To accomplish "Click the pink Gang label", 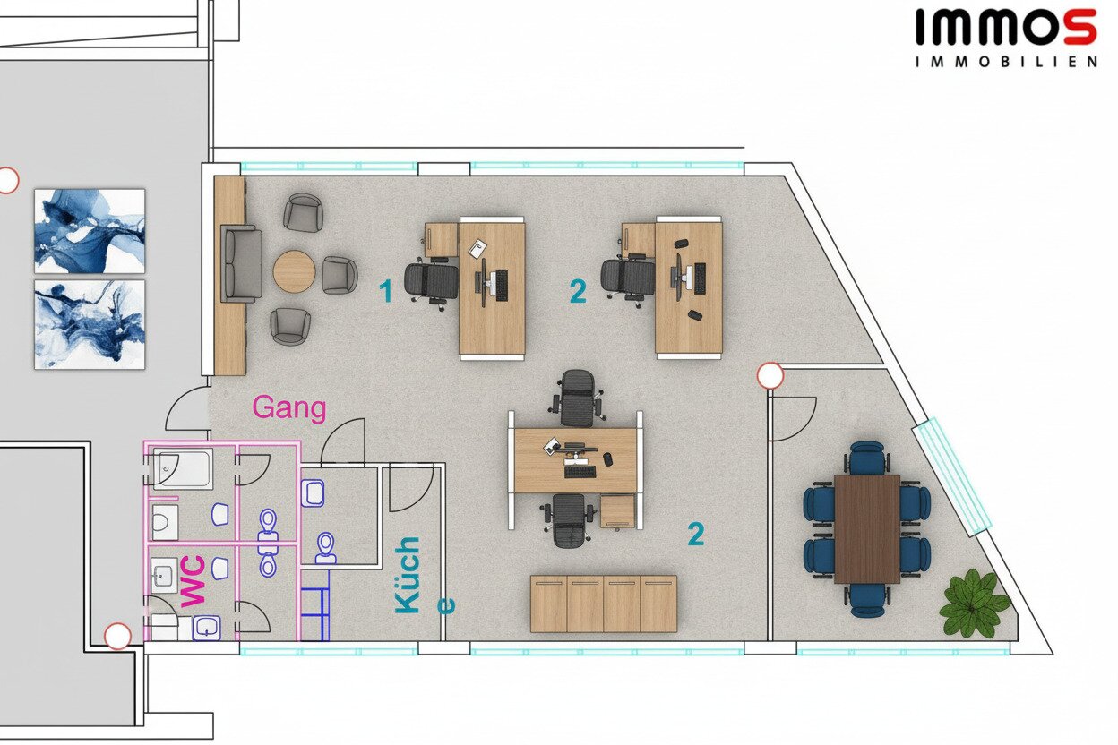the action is pyautogui.click(x=289, y=408).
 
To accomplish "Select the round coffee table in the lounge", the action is pyautogui.click(x=295, y=271).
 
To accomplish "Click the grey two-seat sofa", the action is pyautogui.click(x=242, y=264).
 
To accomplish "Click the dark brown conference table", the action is pyautogui.click(x=867, y=529).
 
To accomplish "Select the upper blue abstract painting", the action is pyautogui.click(x=90, y=231).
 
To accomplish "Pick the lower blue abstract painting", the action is pyautogui.click(x=90, y=325).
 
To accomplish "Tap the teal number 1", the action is pyautogui.click(x=385, y=291).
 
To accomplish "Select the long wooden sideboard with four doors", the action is pyautogui.click(x=604, y=604).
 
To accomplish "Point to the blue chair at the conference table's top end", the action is pyautogui.click(x=868, y=458).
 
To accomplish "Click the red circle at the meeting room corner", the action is pyautogui.click(x=770, y=376).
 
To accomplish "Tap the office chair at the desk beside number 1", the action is pyautogui.click(x=432, y=281).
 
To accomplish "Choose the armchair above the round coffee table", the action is pyautogui.click(x=303, y=212).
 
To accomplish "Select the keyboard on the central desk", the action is pyautogui.click(x=580, y=471).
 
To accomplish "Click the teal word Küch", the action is pyautogui.click(x=408, y=575).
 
